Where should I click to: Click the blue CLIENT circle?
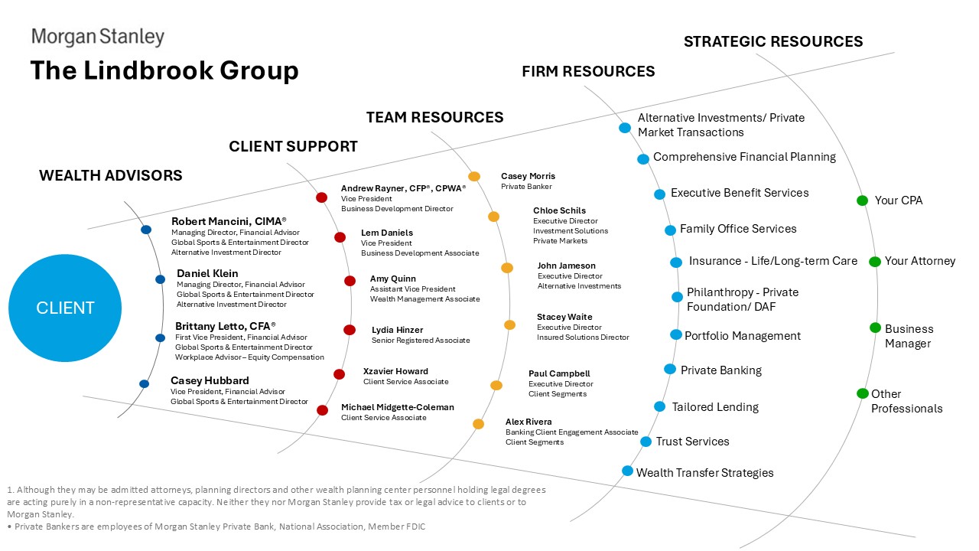point(64,308)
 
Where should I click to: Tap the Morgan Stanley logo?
point(97,37)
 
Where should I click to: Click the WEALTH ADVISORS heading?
point(111,175)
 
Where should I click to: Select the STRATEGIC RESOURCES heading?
point(773,41)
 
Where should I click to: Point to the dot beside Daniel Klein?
point(160,279)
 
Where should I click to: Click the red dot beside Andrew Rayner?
point(322,197)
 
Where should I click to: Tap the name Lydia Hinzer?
point(397,330)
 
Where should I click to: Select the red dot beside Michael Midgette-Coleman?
point(322,410)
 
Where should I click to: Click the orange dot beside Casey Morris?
point(474,176)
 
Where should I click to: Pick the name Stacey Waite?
point(564,317)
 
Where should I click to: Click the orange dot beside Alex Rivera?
point(478,424)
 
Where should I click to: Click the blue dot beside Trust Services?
point(646,442)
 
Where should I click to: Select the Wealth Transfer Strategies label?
point(704,473)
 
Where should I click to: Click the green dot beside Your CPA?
point(862,201)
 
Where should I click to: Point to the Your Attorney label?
point(920,261)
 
